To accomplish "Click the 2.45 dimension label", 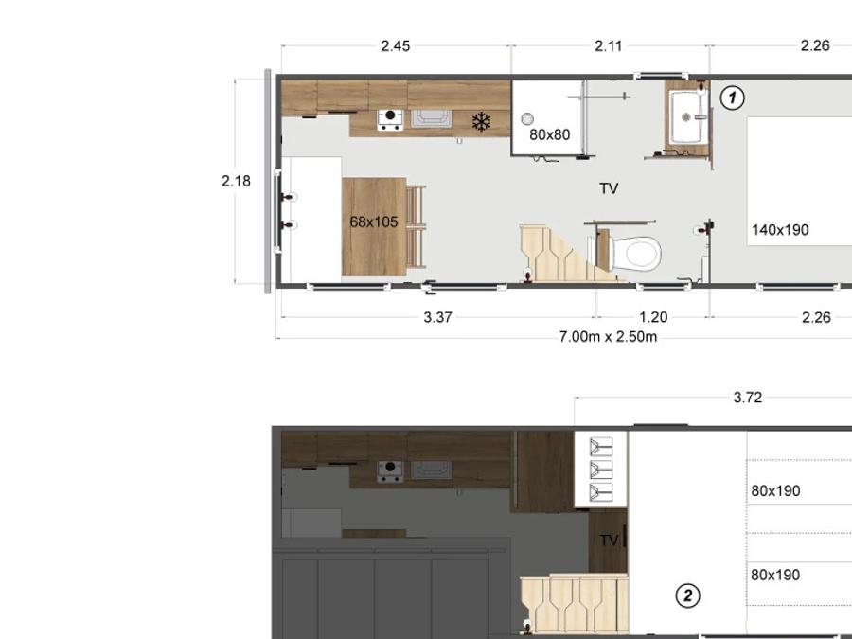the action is pos(396,46).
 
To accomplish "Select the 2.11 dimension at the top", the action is pos(609,46).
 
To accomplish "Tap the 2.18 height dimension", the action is pos(236,181).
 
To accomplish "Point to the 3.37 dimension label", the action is pos(438,317).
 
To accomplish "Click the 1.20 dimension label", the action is pos(653,317).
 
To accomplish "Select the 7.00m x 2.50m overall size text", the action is pos(608,337).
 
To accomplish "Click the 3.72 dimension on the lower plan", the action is pos(748,398).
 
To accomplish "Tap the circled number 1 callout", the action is pos(733,98).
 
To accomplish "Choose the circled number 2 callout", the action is pos(688,595).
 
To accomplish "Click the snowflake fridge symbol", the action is pos(482,122).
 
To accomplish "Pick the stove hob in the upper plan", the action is pos(390,120).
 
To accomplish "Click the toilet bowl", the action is pos(636,253).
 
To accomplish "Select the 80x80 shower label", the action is pos(550,134).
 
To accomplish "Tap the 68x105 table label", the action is pos(374,222).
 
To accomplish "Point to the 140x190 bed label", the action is pos(780,230).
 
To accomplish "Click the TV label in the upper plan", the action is pos(609,188).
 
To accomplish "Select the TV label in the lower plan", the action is pos(609,541).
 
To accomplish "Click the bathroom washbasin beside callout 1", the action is pos(687,116).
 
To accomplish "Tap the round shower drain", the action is pos(527,118).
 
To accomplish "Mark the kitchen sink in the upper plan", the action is pos(432,118).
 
